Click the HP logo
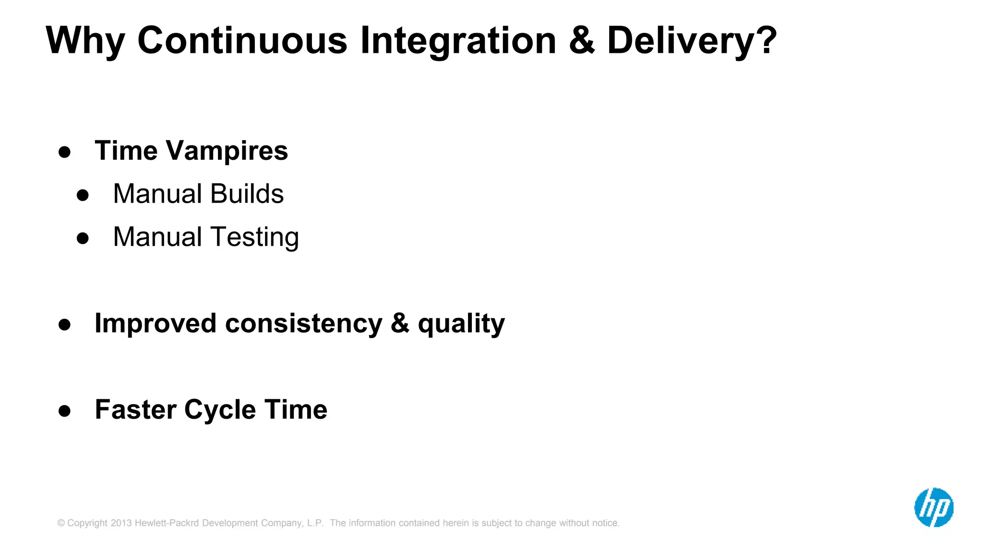coord(934,507)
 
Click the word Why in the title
coord(85,41)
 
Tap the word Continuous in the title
coord(242,40)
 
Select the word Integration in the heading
coord(458,41)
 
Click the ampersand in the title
coord(582,40)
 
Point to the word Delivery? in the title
coord(692,41)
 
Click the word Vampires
coord(227,151)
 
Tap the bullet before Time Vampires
coord(64,153)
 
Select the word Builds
coord(247,194)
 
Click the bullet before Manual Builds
coord(83,195)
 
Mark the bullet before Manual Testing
coord(83,239)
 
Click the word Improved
coord(156,324)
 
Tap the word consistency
coord(303,324)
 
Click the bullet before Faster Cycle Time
coord(64,411)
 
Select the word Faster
coord(136,410)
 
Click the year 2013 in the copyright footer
coord(121,523)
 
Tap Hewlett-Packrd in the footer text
coord(167,523)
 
